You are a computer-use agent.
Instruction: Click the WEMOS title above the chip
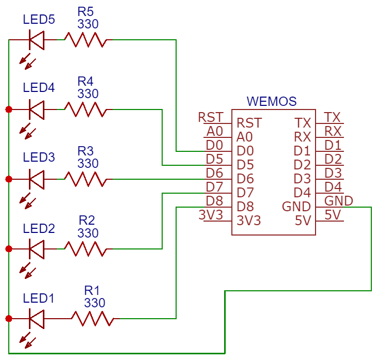pos(272,101)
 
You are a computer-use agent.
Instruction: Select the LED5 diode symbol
pos(37,40)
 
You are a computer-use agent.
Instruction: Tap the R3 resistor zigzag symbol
pos(85,179)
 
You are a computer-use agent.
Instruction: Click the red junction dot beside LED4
pos(9,109)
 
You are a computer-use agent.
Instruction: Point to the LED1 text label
pos(38,298)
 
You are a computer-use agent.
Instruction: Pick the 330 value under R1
pos(95,303)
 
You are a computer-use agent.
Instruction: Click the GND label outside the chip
pos(339,201)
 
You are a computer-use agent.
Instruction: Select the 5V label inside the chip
pos(303,221)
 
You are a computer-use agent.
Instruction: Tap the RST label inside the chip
pos(249,123)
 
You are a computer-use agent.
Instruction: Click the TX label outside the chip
pos(332,117)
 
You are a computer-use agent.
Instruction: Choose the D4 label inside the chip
pos(302,193)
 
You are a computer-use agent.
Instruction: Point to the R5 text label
pos(86,11)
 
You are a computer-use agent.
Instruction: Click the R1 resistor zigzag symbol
pos(92,319)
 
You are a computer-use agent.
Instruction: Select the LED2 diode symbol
pos(37,249)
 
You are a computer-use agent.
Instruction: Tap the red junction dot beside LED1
pos(9,319)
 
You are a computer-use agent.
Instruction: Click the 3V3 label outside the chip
pos(211,215)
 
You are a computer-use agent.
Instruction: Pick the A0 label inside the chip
pos(244,137)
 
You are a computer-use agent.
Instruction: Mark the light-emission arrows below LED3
pos(27,200)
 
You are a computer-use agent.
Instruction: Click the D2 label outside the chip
pos(333,159)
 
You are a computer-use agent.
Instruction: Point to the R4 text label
pos(85,81)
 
